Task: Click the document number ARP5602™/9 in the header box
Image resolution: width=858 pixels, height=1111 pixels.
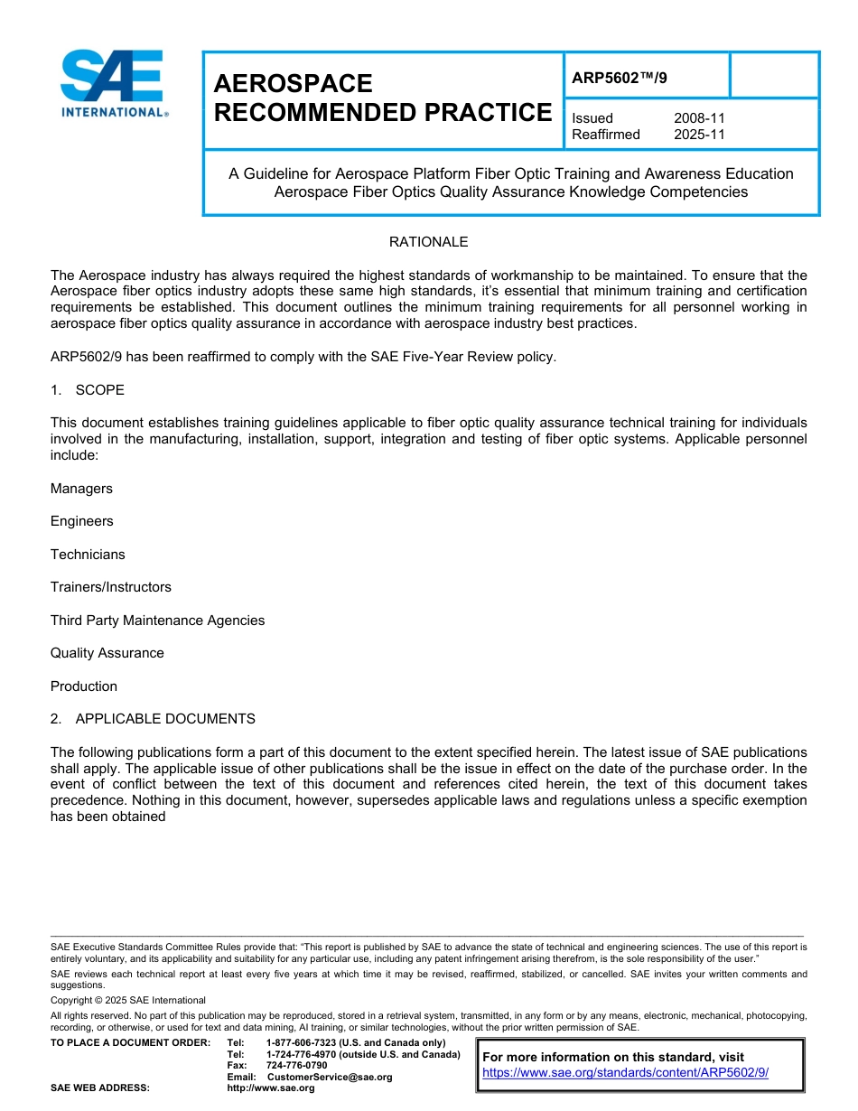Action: coord(620,78)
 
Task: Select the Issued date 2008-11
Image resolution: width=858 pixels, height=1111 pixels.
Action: coord(699,118)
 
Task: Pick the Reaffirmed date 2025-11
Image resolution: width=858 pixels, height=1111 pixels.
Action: coord(699,135)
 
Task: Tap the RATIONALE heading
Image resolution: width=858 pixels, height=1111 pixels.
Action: coord(428,242)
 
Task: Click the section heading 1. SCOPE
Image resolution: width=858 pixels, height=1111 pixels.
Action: coord(88,390)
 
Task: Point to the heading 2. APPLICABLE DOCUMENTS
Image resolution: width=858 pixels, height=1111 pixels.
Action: coord(153,719)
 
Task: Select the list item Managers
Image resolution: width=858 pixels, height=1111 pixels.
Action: coord(81,489)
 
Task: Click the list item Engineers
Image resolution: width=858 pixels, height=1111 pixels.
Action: coord(82,521)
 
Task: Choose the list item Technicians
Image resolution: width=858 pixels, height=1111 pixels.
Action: coord(88,555)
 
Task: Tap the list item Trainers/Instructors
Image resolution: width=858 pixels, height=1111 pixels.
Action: coord(110,587)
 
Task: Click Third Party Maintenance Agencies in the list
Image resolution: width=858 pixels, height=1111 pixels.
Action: coord(157,621)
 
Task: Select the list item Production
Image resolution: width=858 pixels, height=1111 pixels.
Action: coord(84,686)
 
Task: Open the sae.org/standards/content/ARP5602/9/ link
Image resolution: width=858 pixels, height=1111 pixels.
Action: coord(625,1072)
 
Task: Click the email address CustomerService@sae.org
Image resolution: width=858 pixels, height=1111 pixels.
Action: coord(330,1077)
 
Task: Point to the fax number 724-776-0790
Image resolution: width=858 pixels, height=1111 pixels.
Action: coord(296,1066)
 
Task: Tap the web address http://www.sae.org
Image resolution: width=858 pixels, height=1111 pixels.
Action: coord(270,1088)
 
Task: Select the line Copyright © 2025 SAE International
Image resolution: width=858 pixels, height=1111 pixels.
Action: coord(127,1000)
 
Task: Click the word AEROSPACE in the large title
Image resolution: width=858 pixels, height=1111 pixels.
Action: coord(293,83)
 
